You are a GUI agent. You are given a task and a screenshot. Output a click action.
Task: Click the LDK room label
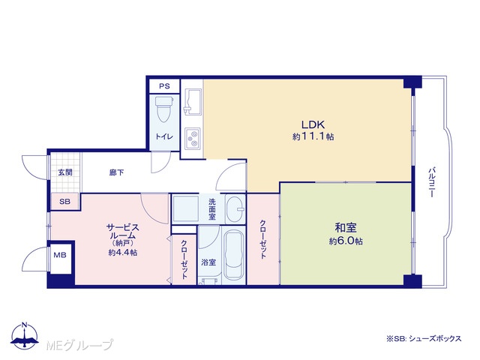pos(313,124)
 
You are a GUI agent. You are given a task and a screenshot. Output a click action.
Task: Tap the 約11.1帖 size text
pos(313,136)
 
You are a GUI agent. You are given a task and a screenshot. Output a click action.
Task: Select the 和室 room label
pos(346,228)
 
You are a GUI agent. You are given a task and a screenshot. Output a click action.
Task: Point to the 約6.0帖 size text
pos(346,241)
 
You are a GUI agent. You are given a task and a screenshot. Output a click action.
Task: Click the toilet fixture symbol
pos(164,109)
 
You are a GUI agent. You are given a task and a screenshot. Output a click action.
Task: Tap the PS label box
pos(164,86)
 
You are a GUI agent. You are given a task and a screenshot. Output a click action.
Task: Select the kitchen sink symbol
pos(193,102)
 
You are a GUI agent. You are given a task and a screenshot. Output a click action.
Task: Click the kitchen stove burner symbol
pos(193,139)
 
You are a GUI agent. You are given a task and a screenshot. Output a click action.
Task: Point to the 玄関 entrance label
pos(65,172)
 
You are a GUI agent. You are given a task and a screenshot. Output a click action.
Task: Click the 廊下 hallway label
pos(117,172)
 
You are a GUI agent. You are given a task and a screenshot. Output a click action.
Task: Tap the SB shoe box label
pos(65,202)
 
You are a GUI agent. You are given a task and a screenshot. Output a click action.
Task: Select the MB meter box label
pos(60,255)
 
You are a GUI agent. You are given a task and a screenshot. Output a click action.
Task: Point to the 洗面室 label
pos(212,209)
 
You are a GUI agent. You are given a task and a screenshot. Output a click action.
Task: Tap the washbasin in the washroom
pos(235,209)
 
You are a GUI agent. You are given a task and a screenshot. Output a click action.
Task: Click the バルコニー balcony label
pos(432,182)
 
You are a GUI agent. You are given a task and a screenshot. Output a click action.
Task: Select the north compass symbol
pos(25,335)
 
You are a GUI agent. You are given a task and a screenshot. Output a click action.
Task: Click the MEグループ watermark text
pos(79,345)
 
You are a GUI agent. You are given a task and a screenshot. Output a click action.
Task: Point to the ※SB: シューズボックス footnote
pos(424,338)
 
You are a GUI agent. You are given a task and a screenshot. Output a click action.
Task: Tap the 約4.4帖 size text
pos(123,253)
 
